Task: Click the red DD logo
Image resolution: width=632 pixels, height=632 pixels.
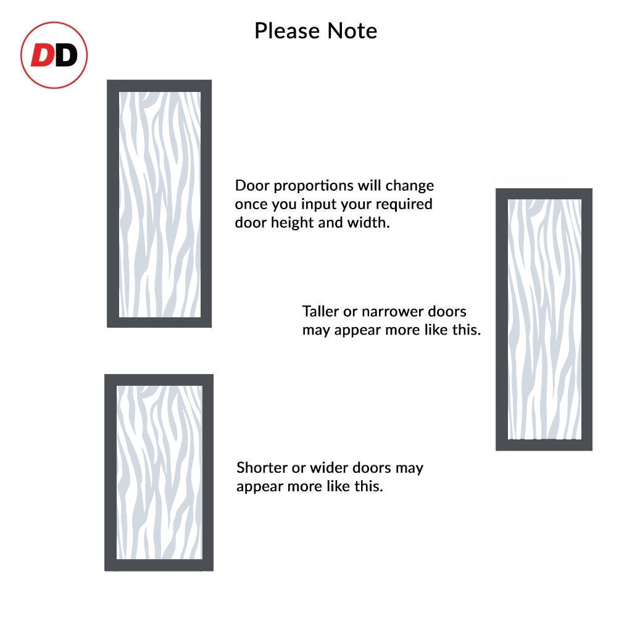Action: (x=54, y=56)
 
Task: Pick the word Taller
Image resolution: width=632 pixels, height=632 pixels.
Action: (x=322, y=311)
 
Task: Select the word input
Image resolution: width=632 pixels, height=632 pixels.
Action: (x=308, y=205)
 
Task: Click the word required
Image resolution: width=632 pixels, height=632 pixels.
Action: (x=402, y=204)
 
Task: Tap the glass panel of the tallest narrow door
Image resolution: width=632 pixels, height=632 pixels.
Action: (x=544, y=319)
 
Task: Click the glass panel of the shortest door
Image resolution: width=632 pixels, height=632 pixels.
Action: (x=159, y=473)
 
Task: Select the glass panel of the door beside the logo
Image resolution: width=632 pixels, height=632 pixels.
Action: (x=159, y=204)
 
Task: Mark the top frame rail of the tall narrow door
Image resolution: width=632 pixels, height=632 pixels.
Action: (x=544, y=194)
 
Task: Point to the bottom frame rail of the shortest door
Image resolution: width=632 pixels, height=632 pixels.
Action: (x=159, y=565)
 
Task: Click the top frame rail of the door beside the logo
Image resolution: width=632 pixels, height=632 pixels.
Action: (x=159, y=86)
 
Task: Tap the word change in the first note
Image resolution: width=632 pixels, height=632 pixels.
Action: (x=410, y=186)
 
